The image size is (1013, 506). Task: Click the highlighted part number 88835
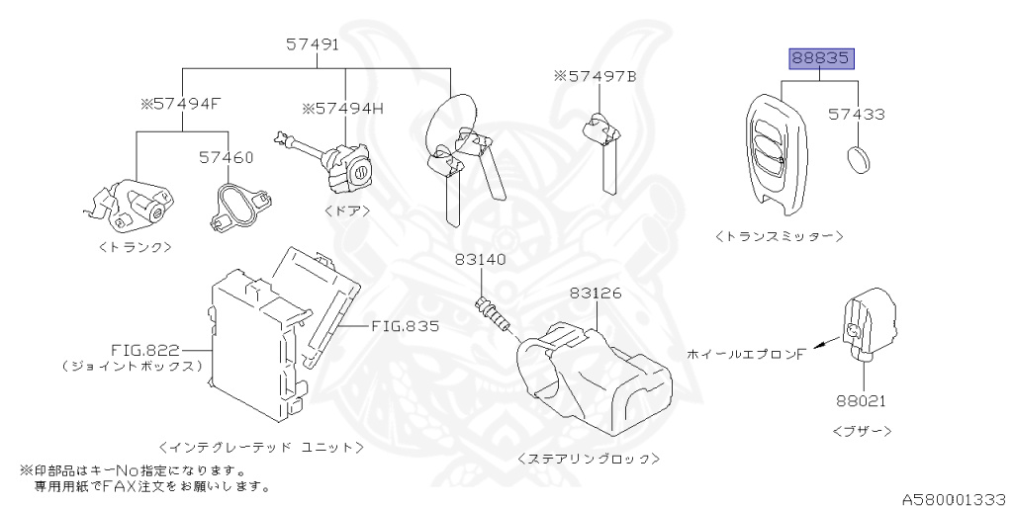click(x=820, y=59)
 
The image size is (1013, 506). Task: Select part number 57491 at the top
click(x=314, y=44)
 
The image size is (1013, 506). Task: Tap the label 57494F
click(x=179, y=102)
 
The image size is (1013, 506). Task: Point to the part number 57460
click(x=226, y=157)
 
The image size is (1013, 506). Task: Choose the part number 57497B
click(x=595, y=75)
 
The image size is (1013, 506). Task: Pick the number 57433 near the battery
click(x=857, y=115)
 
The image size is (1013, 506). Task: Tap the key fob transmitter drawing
click(x=776, y=153)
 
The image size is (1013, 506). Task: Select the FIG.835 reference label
click(x=406, y=324)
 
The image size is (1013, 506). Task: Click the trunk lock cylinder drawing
click(x=134, y=201)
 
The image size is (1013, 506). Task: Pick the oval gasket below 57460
click(x=237, y=205)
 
